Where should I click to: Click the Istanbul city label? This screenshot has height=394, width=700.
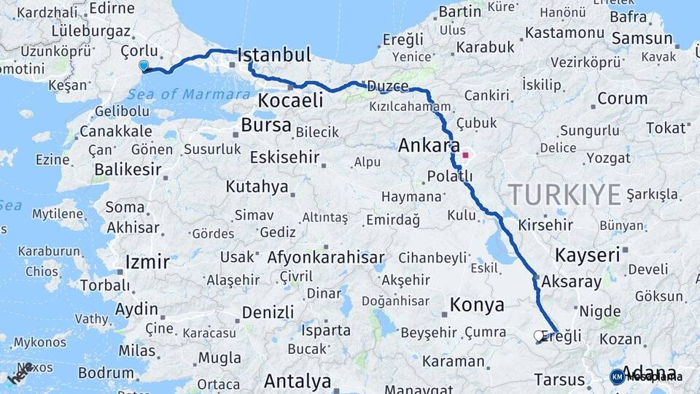tap(274, 55)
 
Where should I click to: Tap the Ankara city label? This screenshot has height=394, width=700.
tap(429, 146)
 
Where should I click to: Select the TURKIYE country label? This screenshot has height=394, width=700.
tap(565, 194)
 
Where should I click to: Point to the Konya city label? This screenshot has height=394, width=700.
tap(477, 305)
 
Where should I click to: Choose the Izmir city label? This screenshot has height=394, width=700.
tap(147, 262)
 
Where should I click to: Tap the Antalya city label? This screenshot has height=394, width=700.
tap(297, 381)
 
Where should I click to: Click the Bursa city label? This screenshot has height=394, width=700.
tap(266, 125)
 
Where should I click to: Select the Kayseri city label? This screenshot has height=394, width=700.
tap(588, 255)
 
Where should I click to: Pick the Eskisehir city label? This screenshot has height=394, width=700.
tap(285, 158)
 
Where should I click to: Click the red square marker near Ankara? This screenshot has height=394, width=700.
tap(465, 155)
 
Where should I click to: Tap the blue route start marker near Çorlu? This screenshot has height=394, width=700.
tap(144, 66)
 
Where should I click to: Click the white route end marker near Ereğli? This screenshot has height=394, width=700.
tap(539, 336)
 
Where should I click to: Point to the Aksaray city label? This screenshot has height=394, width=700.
tap(572, 282)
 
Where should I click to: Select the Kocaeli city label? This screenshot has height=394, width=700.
tap(291, 101)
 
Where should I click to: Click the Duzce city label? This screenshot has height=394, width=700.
tap(387, 86)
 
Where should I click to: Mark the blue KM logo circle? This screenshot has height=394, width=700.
tap(617, 376)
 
